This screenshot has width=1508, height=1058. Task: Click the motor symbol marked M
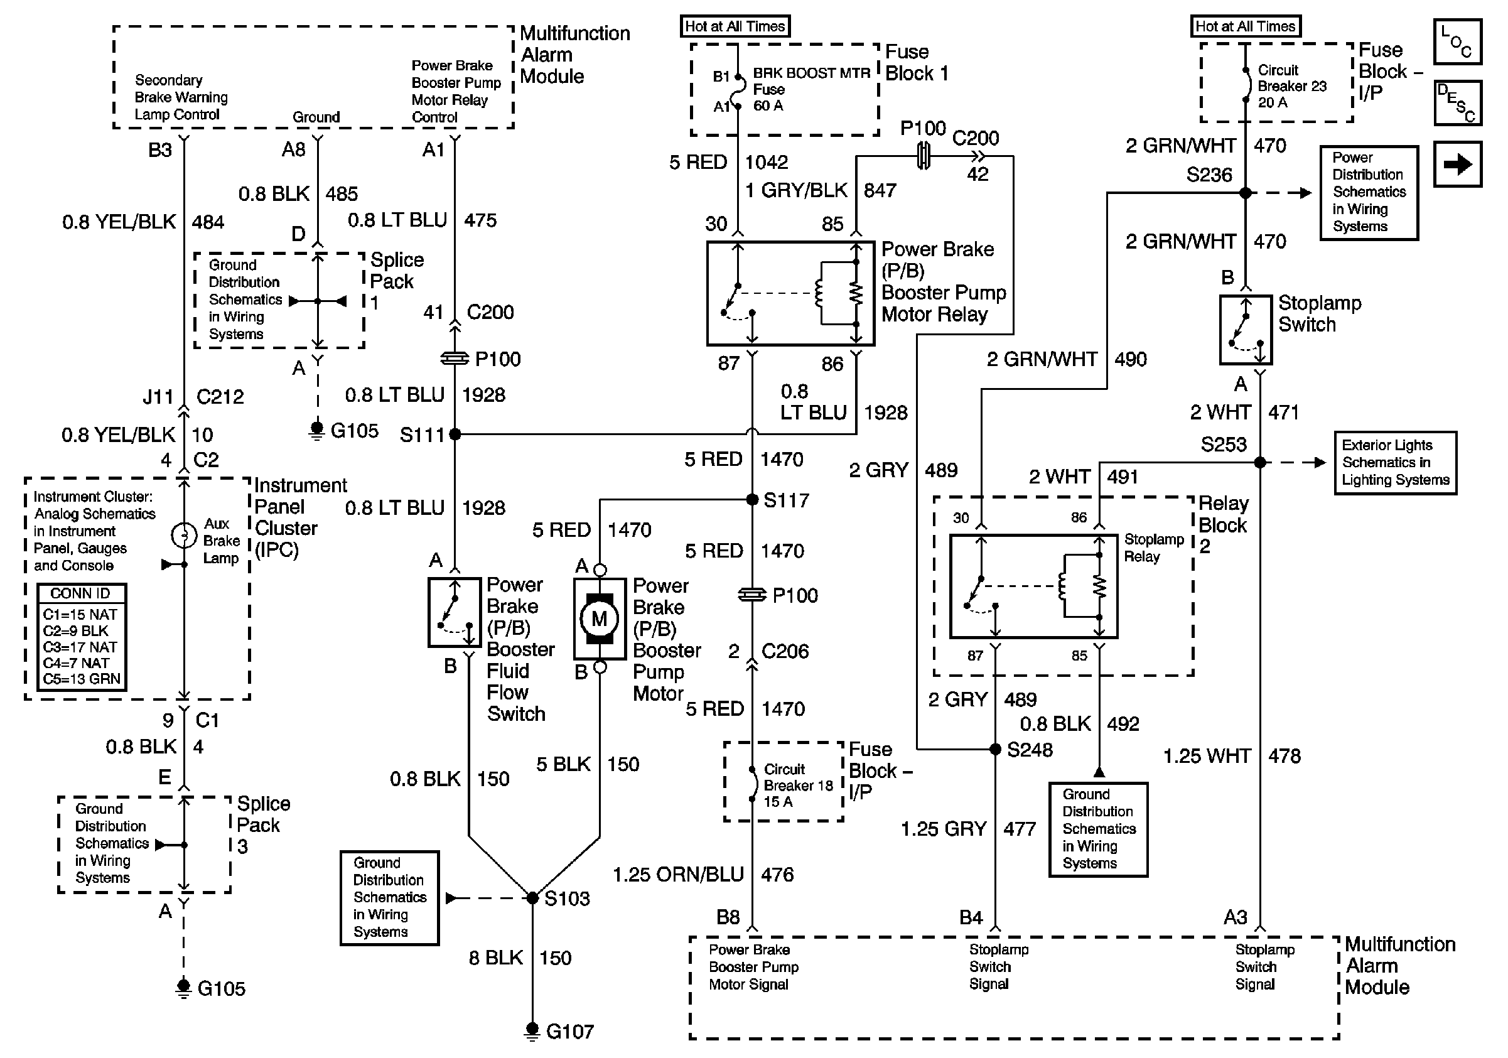599,618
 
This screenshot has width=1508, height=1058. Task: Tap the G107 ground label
569,1032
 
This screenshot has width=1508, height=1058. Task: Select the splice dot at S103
532,898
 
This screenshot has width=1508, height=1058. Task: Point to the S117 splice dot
753,500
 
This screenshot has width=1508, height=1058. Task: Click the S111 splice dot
455,434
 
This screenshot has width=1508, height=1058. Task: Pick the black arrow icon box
1457,164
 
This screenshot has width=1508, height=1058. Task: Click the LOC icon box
1457,42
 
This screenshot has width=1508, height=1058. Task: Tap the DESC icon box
1457,103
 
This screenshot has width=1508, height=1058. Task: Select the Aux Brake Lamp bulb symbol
184,535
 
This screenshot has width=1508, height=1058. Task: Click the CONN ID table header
81,593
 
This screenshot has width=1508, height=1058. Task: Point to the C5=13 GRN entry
82,679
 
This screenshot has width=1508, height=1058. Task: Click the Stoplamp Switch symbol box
1246,330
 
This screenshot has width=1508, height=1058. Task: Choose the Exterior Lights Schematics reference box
1395,462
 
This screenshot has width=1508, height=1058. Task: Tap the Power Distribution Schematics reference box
1369,192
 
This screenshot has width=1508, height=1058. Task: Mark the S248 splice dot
995,749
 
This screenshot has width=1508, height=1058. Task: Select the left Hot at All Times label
735,26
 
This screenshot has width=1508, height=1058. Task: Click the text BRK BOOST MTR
811,73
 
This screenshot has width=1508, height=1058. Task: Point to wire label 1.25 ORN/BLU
678,875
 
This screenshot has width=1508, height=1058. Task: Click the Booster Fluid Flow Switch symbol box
454,612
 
